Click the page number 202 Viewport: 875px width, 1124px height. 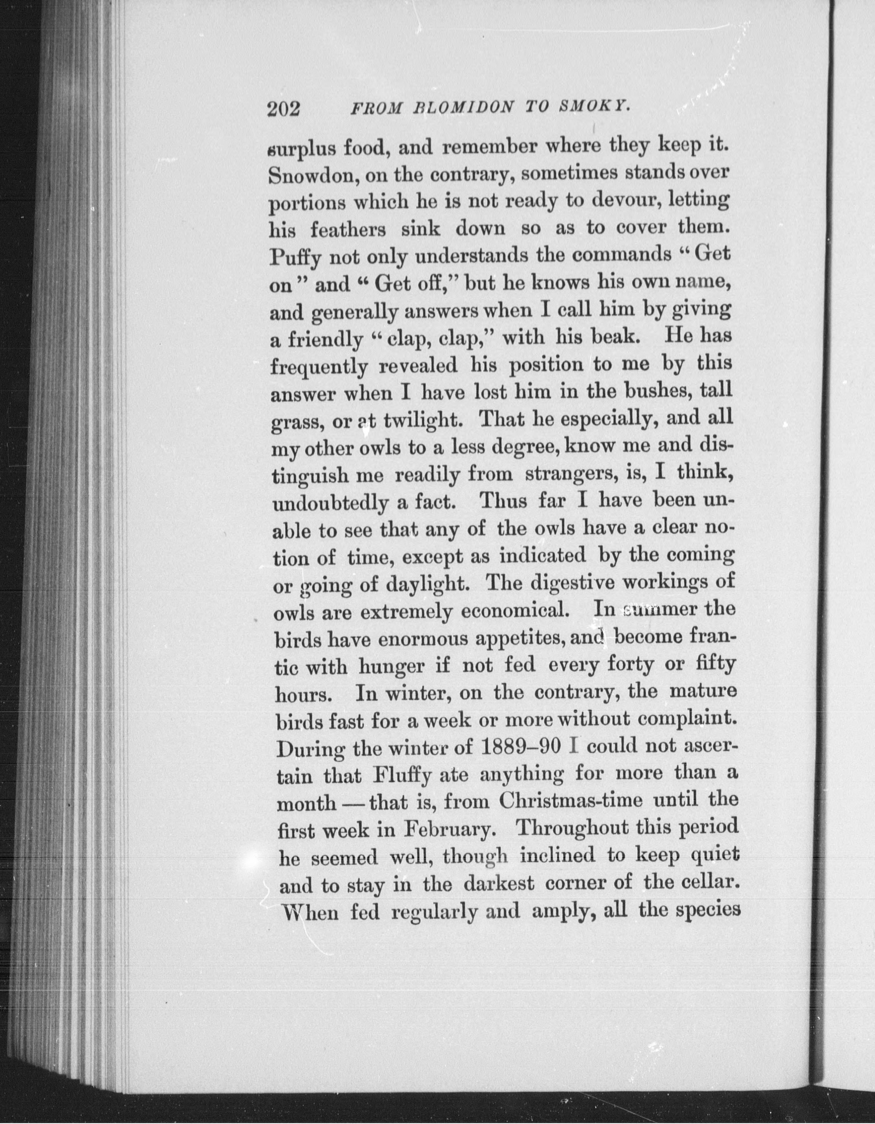(x=283, y=110)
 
